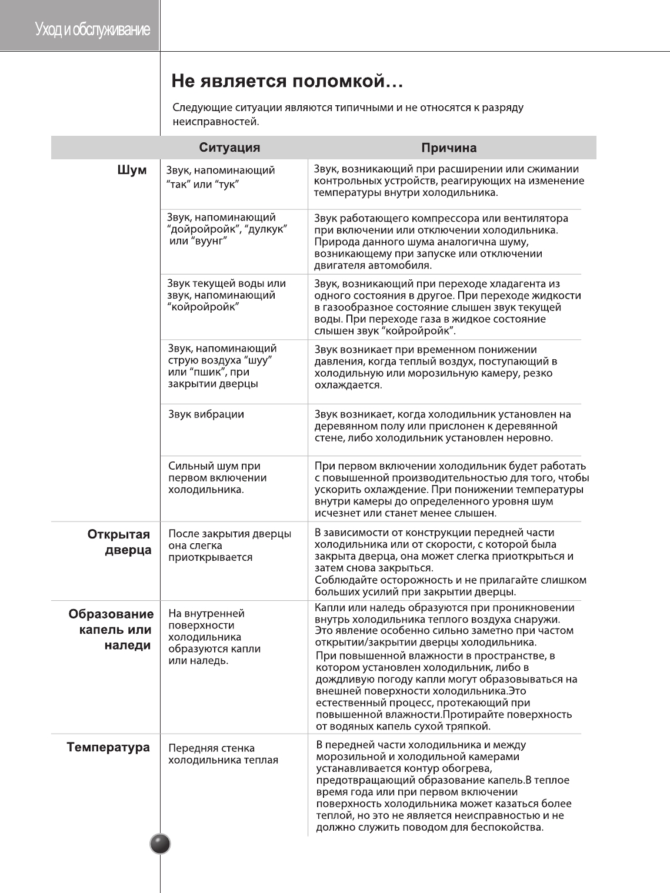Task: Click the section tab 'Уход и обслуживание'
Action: [92, 29]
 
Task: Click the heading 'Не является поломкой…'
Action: [286, 81]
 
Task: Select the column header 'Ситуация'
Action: [229, 147]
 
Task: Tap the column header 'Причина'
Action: [449, 148]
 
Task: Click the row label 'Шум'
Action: [132, 170]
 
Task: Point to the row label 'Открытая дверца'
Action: [119, 542]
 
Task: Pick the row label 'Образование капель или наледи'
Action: [112, 630]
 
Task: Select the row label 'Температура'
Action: [108, 747]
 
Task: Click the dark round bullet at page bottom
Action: [160, 844]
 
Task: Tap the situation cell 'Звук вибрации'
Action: [206, 414]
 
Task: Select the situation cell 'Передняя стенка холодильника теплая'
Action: [223, 754]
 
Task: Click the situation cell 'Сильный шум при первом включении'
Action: [217, 477]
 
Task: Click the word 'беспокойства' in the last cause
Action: [509, 828]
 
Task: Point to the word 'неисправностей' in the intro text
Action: [215, 122]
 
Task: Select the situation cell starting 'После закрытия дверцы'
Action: [229, 546]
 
